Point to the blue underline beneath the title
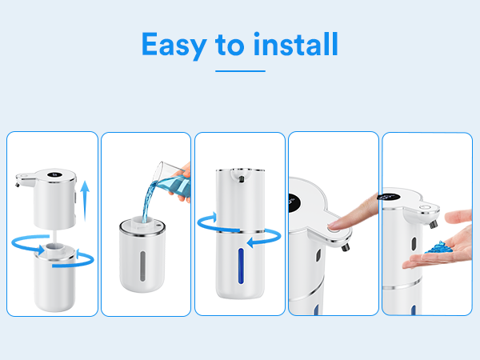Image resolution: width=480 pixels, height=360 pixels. point(240,71)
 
